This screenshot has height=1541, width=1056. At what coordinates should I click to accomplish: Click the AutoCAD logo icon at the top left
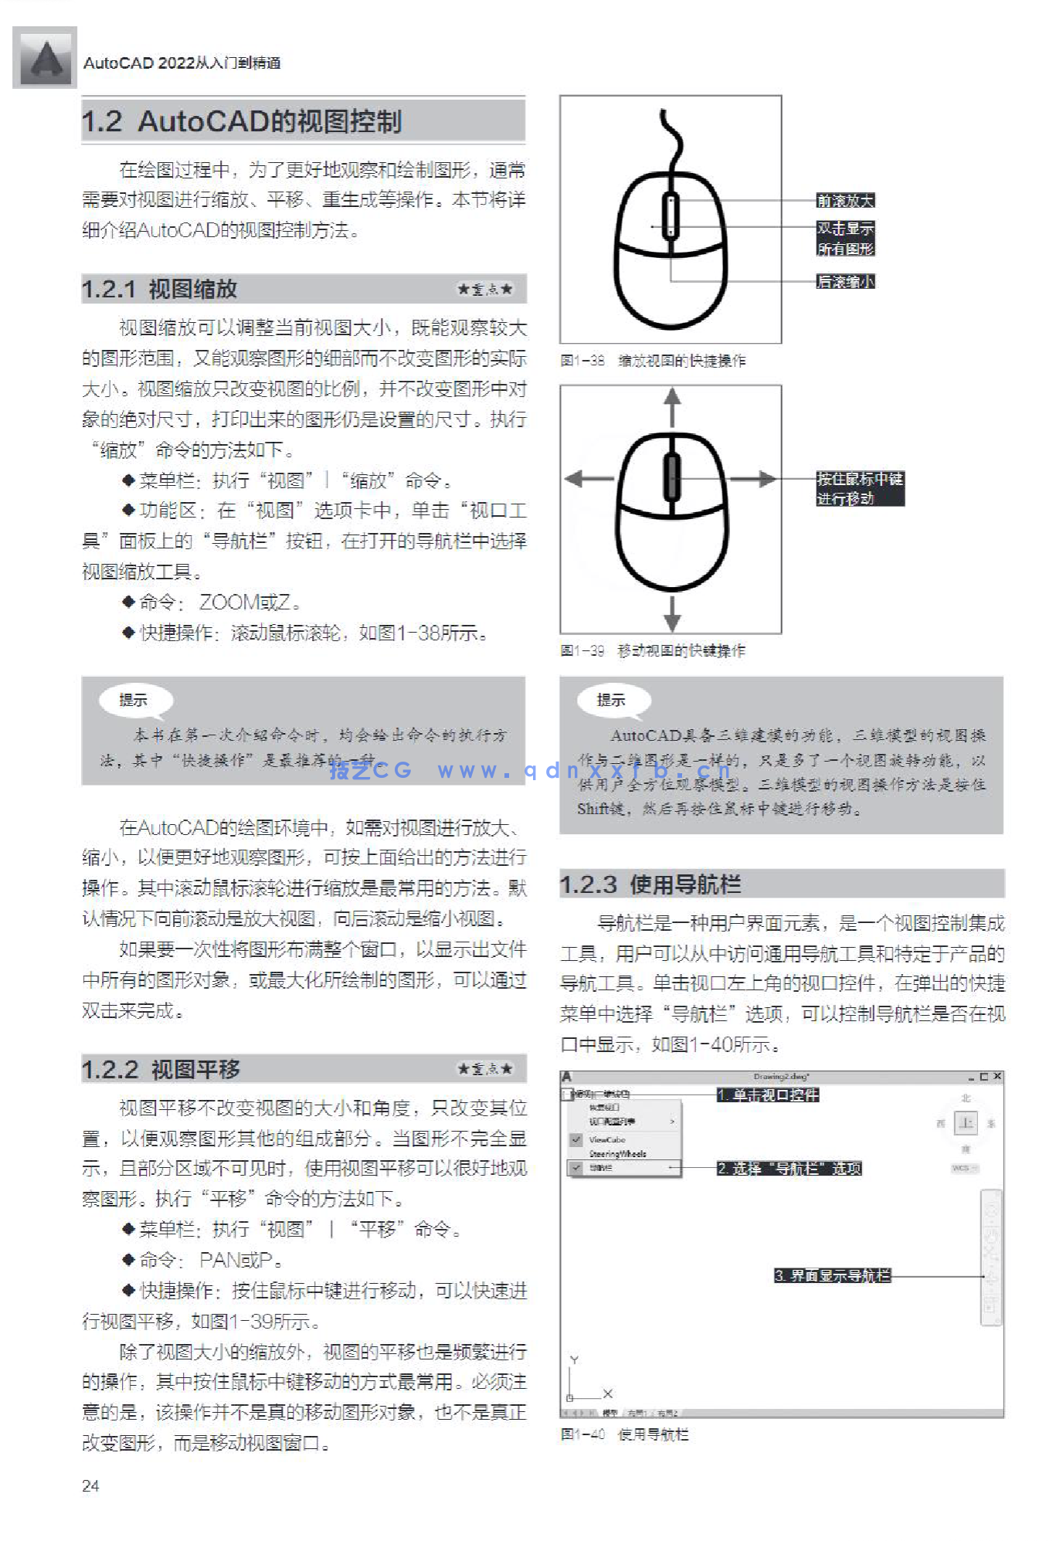[x=45, y=58]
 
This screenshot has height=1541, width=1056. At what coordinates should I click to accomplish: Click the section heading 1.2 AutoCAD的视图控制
[x=242, y=121]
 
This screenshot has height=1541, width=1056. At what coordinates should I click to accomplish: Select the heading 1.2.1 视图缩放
[x=160, y=290]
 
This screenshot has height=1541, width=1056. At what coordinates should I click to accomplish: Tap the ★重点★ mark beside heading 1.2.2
[x=485, y=1069]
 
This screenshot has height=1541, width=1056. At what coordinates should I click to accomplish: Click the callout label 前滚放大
[x=845, y=201]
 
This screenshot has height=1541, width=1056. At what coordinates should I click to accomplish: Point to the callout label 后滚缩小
[x=845, y=282]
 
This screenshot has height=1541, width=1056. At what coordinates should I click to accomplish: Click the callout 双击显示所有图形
[x=845, y=239]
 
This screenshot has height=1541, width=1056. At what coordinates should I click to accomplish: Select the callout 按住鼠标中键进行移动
[x=859, y=489]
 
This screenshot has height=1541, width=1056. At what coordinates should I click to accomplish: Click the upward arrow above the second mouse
[x=673, y=406]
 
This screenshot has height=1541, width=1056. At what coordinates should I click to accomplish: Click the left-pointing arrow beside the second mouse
[x=587, y=479]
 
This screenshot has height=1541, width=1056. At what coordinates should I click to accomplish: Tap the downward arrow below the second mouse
[x=673, y=614]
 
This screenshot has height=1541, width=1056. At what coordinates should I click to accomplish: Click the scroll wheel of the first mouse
[x=671, y=216]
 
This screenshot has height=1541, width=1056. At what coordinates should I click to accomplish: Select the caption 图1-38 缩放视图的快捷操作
[x=654, y=361]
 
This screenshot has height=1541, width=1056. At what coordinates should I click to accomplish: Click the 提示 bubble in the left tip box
[x=134, y=701]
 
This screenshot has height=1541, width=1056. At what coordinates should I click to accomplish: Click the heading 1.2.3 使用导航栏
[x=650, y=884]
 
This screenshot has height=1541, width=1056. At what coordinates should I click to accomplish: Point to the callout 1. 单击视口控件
[x=767, y=1095]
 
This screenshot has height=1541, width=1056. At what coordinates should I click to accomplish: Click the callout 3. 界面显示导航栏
[x=832, y=1276]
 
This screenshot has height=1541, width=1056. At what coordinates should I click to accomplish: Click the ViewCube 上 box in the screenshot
[x=966, y=1123]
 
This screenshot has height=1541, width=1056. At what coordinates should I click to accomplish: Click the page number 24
[x=90, y=1486]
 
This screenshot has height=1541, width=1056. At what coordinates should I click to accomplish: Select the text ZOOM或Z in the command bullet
[x=245, y=602]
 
